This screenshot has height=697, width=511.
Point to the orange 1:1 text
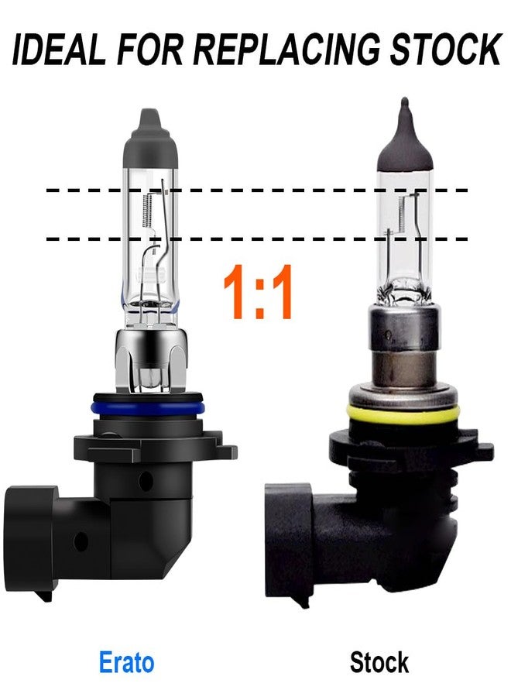(257, 293)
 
